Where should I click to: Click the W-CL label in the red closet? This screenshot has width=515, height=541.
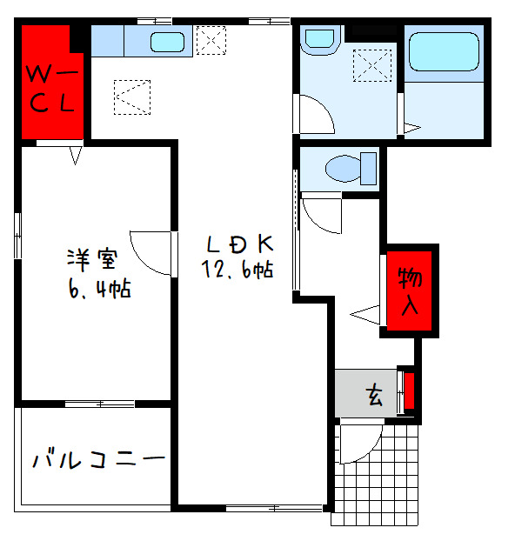point(52,89)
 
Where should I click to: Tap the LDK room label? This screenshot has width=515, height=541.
point(240,244)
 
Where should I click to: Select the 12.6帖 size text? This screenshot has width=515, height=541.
point(237,270)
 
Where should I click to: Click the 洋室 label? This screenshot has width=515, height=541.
point(92,260)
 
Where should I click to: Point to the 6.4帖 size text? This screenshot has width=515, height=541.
point(100,289)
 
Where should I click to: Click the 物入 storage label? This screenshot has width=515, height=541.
point(410,291)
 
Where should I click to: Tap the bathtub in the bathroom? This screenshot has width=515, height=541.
point(444,52)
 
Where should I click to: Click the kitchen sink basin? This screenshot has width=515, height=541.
point(167,42)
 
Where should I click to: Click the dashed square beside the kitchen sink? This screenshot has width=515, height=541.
point(211,40)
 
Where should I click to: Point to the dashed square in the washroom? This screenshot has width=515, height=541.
point(372,65)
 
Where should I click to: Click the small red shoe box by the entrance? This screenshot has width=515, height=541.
point(409,391)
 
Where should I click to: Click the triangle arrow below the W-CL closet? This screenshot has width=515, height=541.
point(76,156)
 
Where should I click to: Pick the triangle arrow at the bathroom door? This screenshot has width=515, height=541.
point(412,128)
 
